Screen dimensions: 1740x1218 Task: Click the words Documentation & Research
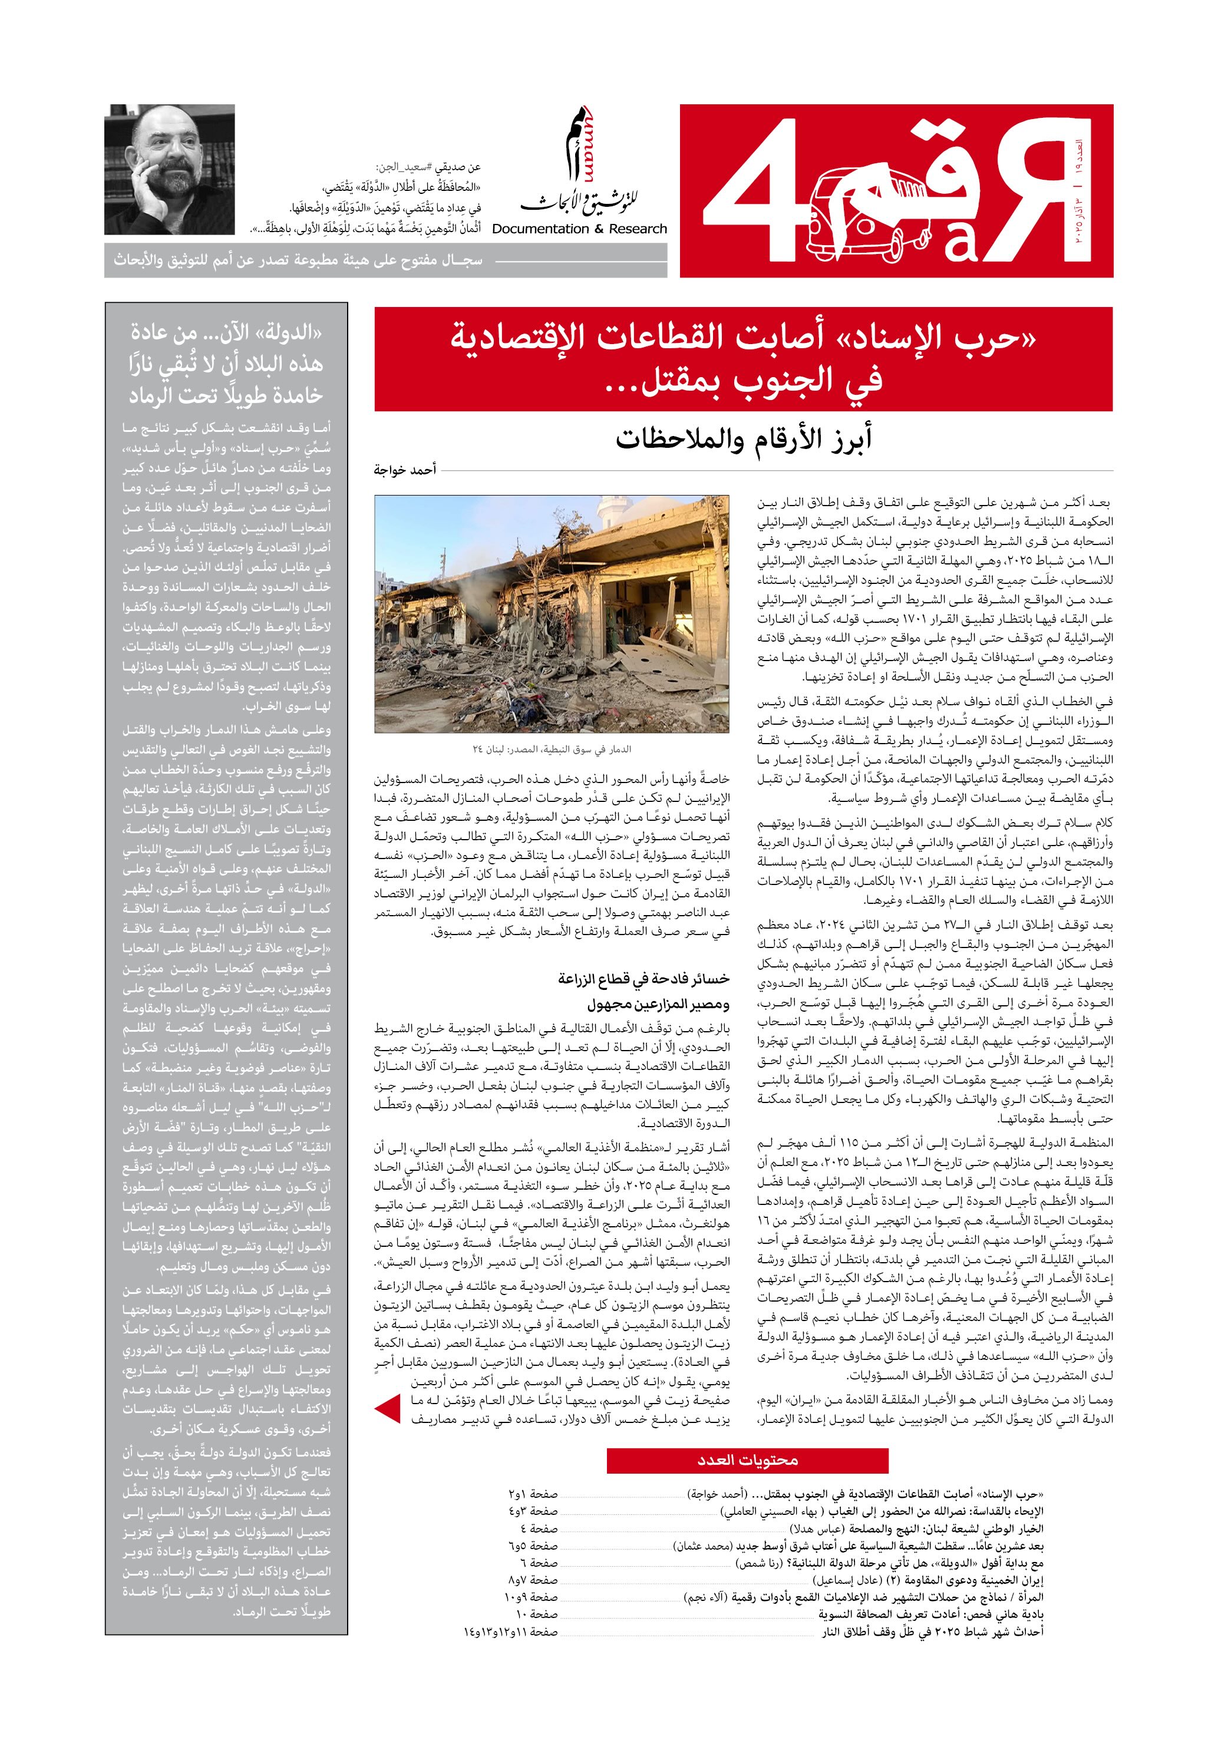pyautogui.click(x=579, y=229)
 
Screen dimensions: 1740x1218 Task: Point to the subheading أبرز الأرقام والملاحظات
pyautogui.click(x=743, y=439)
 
